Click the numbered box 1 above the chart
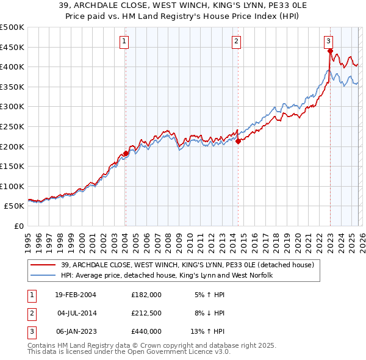click(x=124, y=41)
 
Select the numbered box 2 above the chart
click(x=236, y=41)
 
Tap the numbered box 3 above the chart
click(x=328, y=41)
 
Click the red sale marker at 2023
click(x=330, y=51)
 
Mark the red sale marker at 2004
click(x=126, y=153)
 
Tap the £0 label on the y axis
click(x=20, y=226)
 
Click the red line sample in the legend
click(x=43, y=265)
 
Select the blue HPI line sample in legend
click(x=43, y=275)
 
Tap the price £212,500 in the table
click(x=146, y=313)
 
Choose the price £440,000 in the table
click(x=146, y=331)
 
